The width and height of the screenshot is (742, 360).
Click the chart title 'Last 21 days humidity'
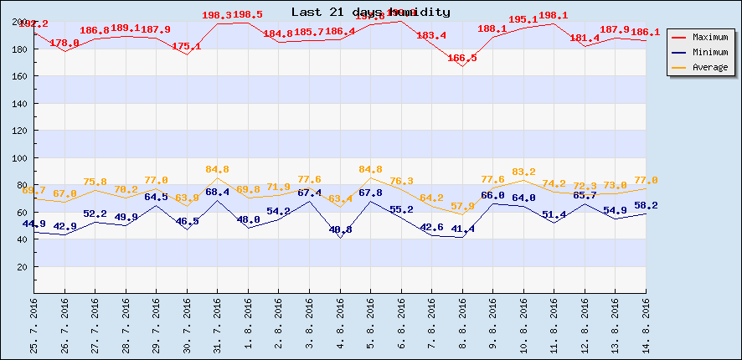[370, 13]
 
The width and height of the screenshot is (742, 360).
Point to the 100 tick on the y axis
[22, 158]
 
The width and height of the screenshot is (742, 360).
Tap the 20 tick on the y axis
[24, 267]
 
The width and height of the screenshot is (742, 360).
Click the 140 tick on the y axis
[22, 104]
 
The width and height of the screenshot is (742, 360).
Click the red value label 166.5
[462, 58]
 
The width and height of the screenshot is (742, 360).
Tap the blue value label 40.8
[340, 229]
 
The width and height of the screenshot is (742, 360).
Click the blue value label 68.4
[218, 192]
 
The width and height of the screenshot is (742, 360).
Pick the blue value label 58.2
[646, 205]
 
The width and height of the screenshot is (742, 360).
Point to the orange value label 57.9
[462, 206]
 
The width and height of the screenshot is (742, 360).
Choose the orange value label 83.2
[523, 172]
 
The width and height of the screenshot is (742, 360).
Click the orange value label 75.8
[95, 182]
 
